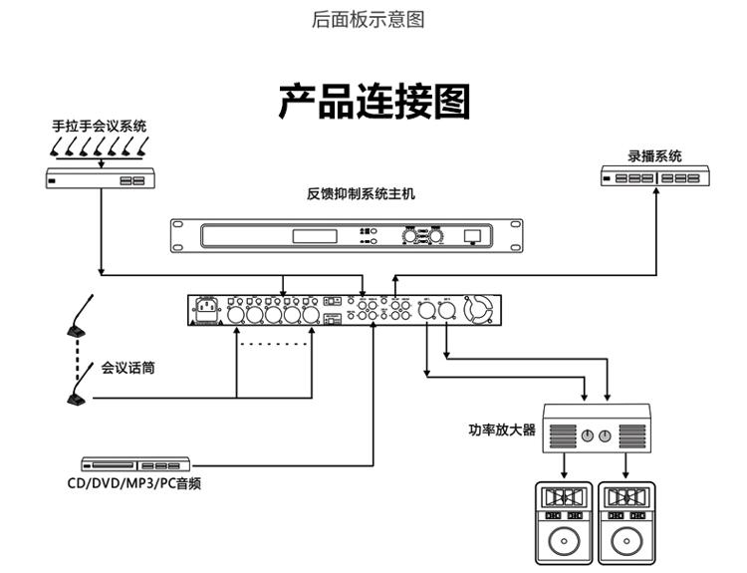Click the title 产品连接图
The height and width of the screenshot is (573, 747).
click(x=373, y=102)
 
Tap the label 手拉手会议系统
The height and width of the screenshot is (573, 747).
click(x=100, y=127)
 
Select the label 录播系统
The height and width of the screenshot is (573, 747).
click(x=654, y=156)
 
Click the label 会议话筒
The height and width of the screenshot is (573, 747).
click(x=127, y=368)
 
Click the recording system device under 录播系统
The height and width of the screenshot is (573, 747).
click(x=654, y=177)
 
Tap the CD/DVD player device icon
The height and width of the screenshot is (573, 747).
click(x=135, y=464)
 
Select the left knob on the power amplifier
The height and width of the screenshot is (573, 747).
click(x=587, y=436)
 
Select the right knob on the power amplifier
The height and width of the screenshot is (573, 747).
click(x=607, y=436)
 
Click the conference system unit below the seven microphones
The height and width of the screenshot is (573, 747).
click(x=100, y=179)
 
